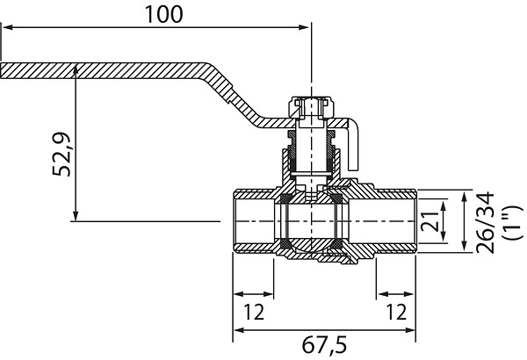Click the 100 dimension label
163,14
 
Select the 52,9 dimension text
61,155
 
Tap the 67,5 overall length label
324,346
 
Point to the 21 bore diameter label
430,221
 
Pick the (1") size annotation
513,222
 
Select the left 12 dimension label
254,312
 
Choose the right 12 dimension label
396,312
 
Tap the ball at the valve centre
312,221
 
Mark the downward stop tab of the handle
353,147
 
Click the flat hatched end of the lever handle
101,70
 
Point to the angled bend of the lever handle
235,95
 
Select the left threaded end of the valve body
254,221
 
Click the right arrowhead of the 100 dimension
304,27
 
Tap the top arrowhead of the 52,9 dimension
76,68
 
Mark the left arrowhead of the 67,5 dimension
238,330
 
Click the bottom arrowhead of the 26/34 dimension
464,247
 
